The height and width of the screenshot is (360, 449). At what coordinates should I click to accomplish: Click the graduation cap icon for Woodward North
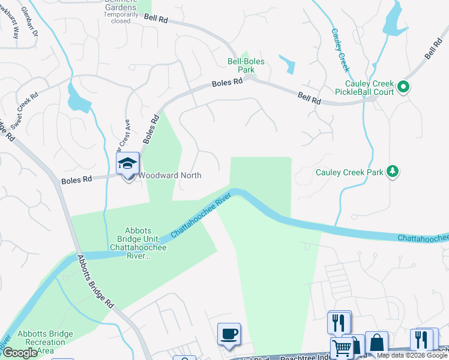pyautogui.click(x=128, y=164)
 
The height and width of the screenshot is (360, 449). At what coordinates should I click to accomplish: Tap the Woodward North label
pyautogui.click(x=170, y=176)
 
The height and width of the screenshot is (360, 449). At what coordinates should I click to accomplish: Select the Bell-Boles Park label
pyautogui.click(x=246, y=65)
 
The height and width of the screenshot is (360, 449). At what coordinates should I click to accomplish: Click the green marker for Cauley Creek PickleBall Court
pyautogui.click(x=403, y=88)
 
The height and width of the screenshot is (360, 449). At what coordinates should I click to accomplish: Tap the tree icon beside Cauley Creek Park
pyautogui.click(x=393, y=172)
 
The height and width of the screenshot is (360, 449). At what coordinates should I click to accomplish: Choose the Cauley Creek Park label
pyautogui.click(x=349, y=172)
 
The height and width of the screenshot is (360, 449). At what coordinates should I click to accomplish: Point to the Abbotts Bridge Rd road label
pyautogui.click(x=95, y=282)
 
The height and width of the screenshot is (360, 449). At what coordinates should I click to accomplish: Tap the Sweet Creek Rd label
pyautogui.click(x=24, y=109)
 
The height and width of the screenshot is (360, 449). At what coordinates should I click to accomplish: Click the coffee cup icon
pyautogui.click(x=229, y=334)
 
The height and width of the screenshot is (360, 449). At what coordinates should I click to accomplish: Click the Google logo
pyautogui.click(x=20, y=353)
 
